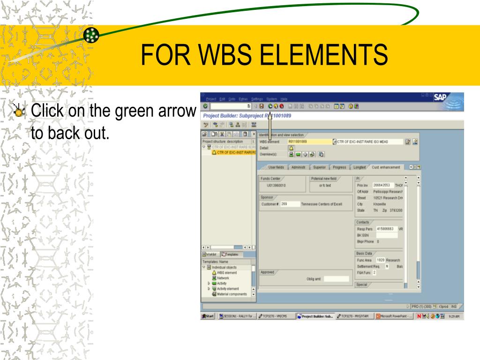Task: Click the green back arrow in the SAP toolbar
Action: pyautogui.click(x=270, y=106)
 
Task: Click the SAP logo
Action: pyautogui.click(x=440, y=97)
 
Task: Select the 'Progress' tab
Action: pyautogui.click(x=339, y=167)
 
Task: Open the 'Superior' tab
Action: pyautogui.click(x=319, y=167)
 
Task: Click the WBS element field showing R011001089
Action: pyautogui.click(x=307, y=141)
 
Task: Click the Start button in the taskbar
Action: pyautogui.click(x=208, y=316)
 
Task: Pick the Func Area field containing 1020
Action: pyautogui.click(x=381, y=260)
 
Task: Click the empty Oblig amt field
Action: pyautogui.click(x=336, y=279)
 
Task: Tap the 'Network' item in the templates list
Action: pyautogui.click(x=223, y=278)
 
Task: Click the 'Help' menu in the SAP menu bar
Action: pyautogui.click(x=284, y=99)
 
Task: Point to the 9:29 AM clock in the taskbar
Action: pyautogui.click(x=454, y=316)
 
